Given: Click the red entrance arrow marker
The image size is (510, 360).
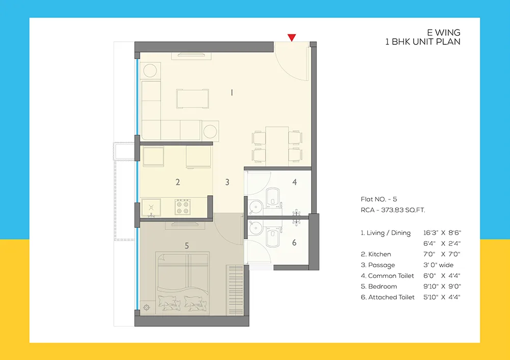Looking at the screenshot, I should point(292,37).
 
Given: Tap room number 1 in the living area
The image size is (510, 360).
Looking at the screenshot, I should point(232,92).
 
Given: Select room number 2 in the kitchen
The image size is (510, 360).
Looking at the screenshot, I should point(177,182).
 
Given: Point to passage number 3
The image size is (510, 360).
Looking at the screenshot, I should point(227,182).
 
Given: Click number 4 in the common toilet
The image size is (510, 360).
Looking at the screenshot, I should point(294,182).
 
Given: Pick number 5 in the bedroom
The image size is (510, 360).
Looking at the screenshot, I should point(187,246).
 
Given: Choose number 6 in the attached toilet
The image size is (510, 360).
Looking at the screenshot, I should point(294,243).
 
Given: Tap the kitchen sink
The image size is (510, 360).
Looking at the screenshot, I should point(151,207).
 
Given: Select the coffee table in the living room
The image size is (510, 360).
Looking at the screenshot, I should point(192,98).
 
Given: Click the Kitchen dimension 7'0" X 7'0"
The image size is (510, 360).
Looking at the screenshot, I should point(442,254).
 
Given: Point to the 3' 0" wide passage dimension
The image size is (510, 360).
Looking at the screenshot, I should point(438,265).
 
